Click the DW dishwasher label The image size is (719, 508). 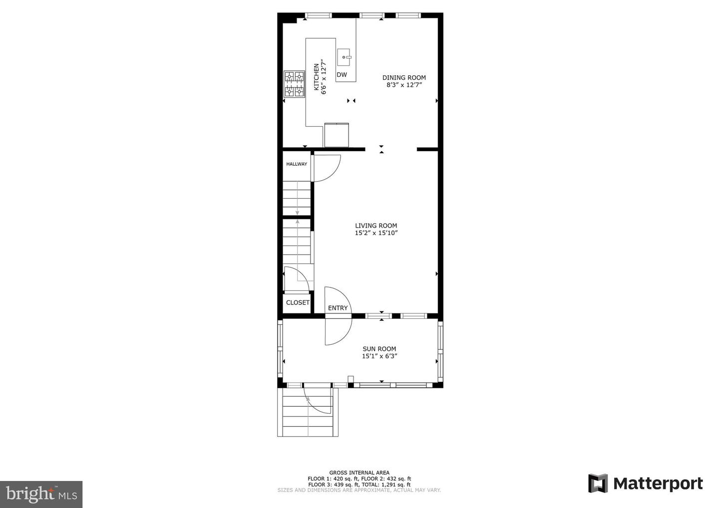tap(342, 75)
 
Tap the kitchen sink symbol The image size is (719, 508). tap(344, 57)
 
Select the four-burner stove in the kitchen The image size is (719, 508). tap(295, 84)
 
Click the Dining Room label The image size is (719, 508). tap(404, 78)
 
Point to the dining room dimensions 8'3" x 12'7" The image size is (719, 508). tap(404, 85)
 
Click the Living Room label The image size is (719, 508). tap(376, 226)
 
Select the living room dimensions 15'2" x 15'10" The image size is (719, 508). tap(376, 233)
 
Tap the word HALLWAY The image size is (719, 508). tap(297, 164)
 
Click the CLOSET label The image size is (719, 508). tap(298, 302)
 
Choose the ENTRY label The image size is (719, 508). tap(338, 308)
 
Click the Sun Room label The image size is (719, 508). tap(379, 349)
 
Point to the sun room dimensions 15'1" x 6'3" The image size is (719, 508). tap(379, 356)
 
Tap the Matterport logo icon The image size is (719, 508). tap(598, 484)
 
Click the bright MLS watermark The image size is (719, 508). tap(41, 494)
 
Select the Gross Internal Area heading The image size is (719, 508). tap(359, 473)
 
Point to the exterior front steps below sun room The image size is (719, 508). tap(308, 412)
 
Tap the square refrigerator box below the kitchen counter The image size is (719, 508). tap(337, 135)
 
